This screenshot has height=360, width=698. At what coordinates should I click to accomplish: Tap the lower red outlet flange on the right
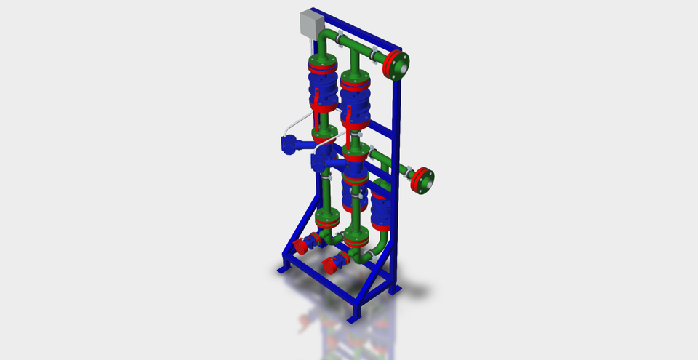(421, 180)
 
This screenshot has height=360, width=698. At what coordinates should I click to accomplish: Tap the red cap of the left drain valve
(302, 246)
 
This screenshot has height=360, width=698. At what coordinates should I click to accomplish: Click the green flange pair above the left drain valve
(326, 217)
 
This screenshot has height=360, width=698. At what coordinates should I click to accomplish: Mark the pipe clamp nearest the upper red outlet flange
(374, 54)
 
